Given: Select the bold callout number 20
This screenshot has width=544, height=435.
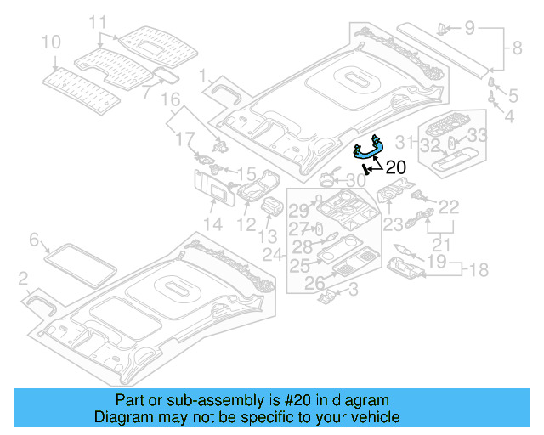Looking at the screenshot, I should point(396,167).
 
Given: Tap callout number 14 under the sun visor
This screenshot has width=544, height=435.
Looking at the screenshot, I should point(212,224).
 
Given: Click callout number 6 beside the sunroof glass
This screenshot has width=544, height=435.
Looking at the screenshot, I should point(34,240).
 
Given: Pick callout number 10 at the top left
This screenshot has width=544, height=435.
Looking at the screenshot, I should point(51,41).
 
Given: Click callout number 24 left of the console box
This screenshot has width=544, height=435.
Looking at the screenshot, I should point(270,255).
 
